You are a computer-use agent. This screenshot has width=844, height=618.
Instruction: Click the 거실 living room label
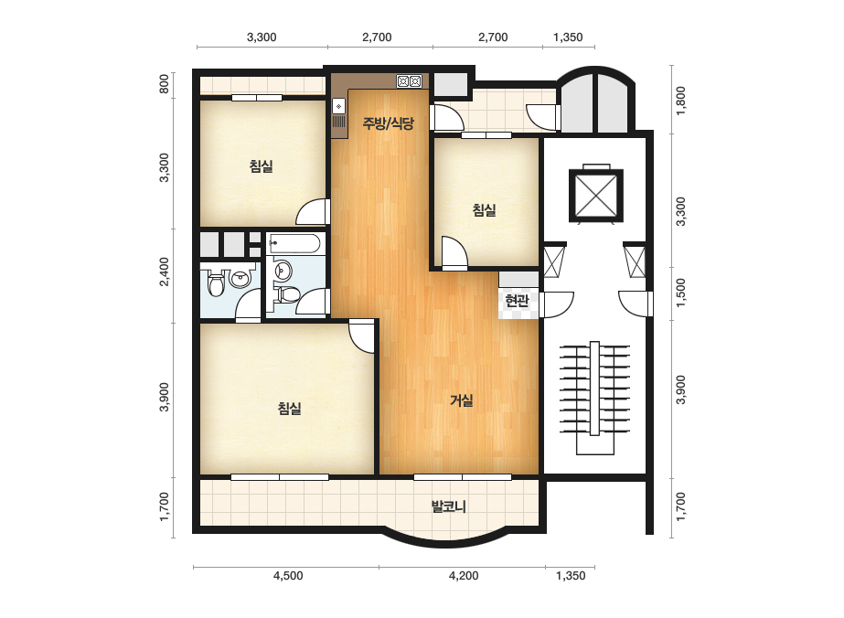point(461,400)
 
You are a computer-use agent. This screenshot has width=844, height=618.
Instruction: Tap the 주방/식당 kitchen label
point(388,123)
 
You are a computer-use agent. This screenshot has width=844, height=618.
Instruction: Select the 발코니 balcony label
point(448,506)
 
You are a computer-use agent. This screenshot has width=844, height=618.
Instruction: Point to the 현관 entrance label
point(517,301)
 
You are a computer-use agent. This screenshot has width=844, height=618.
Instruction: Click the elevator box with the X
point(596,195)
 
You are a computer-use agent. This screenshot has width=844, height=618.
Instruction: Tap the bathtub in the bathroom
point(294,244)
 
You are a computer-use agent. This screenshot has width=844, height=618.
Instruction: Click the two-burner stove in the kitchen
point(409,81)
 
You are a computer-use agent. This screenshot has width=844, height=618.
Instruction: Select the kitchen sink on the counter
point(338,107)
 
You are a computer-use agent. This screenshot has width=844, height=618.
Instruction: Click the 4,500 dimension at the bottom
point(288,575)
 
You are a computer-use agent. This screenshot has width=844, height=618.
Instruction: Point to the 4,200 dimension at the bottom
point(464,575)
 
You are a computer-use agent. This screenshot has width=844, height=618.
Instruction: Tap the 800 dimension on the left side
point(165,83)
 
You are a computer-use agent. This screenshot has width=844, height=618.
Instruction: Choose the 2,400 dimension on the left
point(165,272)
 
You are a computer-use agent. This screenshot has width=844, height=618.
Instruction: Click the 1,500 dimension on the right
point(681,293)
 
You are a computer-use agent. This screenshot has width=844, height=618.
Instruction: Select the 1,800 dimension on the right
point(681,101)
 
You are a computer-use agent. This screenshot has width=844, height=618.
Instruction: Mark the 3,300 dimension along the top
point(262,37)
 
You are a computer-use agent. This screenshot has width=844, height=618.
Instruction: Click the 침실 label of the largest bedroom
point(289,408)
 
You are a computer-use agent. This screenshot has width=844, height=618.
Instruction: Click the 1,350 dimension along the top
point(568,37)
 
